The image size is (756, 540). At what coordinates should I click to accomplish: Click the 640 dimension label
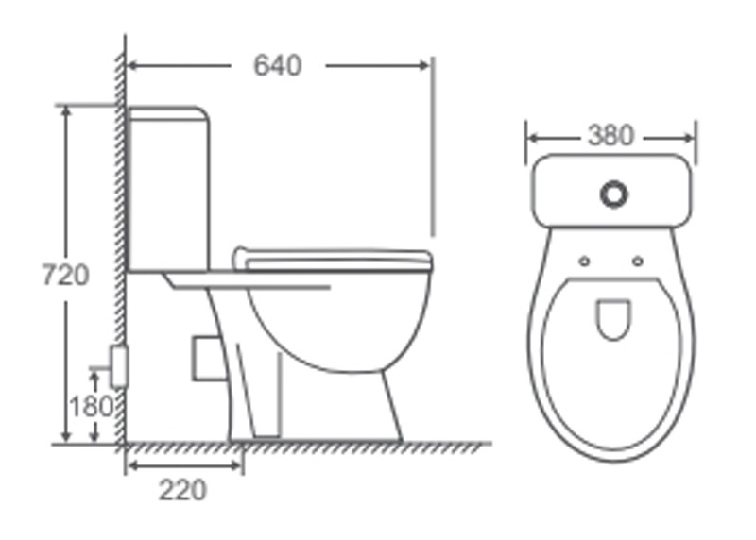278,65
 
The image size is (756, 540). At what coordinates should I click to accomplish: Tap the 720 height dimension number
65,276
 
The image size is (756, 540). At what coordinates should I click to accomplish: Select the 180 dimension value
91,406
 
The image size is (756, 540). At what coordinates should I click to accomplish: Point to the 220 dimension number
182,490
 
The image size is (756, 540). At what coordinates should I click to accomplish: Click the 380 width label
610,136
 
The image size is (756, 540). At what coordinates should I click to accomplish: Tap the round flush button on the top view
613,194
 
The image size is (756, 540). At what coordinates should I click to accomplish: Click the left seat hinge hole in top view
584,262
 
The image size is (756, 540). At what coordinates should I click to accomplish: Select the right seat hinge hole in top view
637,262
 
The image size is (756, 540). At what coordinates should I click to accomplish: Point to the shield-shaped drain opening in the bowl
613,319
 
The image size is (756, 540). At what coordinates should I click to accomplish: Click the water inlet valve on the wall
119,366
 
